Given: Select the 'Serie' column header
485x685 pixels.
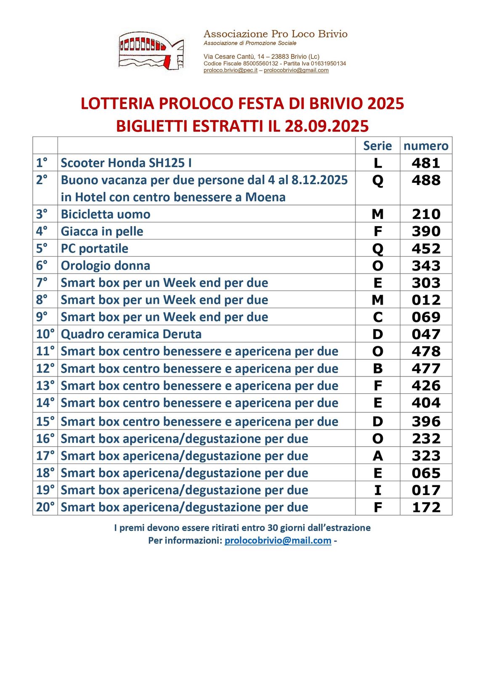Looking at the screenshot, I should point(377,146).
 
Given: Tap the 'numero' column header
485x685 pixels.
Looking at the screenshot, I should point(426,146).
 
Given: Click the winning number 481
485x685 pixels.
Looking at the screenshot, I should point(426,163).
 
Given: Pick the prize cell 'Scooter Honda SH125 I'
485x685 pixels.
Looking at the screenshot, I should point(126,163).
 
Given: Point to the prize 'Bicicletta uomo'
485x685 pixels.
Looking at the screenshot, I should point(106,214).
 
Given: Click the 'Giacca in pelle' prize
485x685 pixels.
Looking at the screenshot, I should point(102,232).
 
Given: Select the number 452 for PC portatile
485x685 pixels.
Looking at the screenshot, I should point(426,249).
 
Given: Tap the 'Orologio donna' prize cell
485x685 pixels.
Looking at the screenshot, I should point(106,266).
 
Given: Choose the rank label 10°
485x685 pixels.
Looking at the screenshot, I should point(45,334).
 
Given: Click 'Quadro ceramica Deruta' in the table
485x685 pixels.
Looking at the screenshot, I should point(131,334).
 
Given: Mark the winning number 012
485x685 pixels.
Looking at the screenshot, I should point(426,300).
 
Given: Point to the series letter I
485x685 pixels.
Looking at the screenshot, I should point(377,490).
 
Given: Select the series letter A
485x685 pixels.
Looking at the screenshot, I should point(377,456).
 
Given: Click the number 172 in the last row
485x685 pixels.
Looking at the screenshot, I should point(426,508).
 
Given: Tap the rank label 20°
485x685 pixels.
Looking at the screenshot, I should point(45,507).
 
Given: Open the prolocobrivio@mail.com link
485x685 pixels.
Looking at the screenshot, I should point(278,540).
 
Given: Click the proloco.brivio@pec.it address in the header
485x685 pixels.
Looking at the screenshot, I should point(230,70).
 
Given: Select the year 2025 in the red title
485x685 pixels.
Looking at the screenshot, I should point(385,104).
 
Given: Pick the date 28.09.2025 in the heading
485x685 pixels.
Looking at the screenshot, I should point(326,126).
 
